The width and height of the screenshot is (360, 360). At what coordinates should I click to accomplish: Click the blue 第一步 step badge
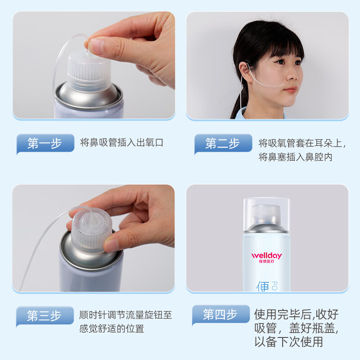45,144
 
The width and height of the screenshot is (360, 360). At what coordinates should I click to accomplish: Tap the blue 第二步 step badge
223,144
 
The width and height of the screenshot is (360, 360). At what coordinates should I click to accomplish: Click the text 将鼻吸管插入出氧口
121,143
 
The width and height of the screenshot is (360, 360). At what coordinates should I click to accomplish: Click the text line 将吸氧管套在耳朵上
302,144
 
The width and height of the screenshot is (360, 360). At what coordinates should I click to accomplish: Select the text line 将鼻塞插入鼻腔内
296,157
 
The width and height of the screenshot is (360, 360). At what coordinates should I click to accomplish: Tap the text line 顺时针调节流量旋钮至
125,315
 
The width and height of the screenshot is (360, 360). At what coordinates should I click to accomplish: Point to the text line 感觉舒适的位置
112,328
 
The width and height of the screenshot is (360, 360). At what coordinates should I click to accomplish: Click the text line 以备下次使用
288,342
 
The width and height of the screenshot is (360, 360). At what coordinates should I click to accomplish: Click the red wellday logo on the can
266,255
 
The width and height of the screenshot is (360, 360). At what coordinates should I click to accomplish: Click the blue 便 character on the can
262,285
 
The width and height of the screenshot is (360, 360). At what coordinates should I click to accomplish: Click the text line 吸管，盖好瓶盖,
296,328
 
